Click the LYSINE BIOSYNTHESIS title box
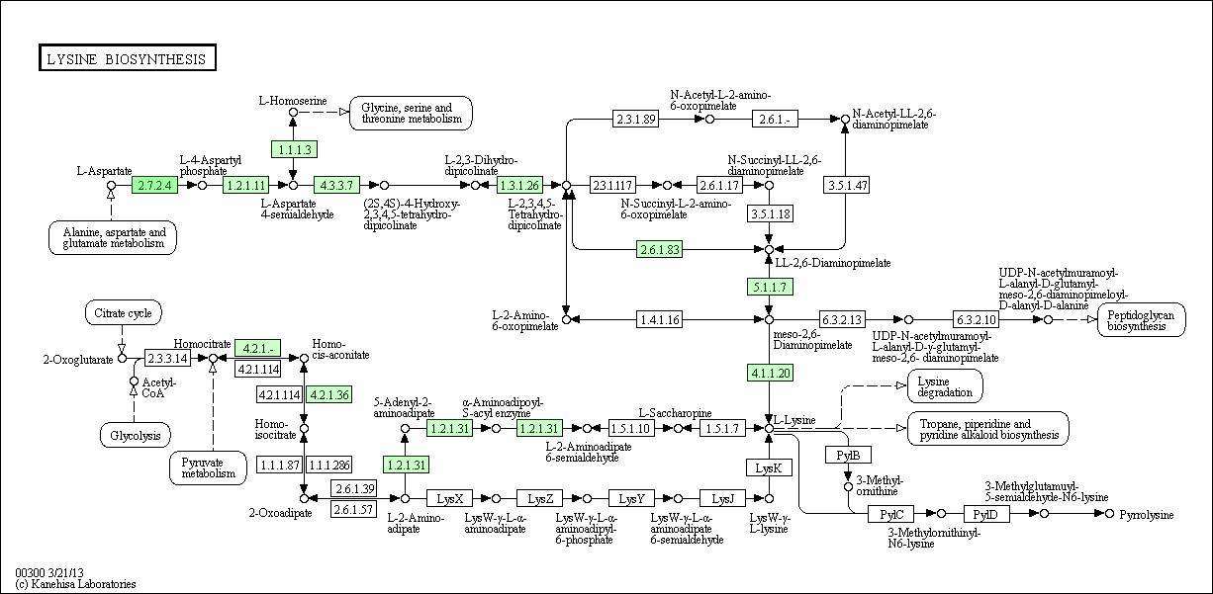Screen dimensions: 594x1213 pyautogui.click(x=127, y=59)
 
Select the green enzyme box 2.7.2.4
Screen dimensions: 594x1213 pyautogui.click(x=155, y=185)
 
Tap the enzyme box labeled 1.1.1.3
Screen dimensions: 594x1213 pyautogui.click(x=294, y=149)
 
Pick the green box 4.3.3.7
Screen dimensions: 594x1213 pyautogui.click(x=336, y=185)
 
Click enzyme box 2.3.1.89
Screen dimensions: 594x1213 pyautogui.click(x=636, y=120)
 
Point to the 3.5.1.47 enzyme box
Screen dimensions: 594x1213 pyautogui.click(x=847, y=185)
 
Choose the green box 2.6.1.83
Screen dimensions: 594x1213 pyautogui.click(x=660, y=249)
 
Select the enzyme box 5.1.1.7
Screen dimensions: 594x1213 pyautogui.click(x=769, y=287)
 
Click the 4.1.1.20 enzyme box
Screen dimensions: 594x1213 pyautogui.click(x=769, y=373)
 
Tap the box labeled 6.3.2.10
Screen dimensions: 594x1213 pyautogui.click(x=977, y=319)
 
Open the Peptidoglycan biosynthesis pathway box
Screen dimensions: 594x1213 pyautogui.click(x=1141, y=319)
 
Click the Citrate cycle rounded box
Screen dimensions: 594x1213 pyautogui.click(x=123, y=314)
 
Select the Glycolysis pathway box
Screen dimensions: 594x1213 pyautogui.click(x=135, y=434)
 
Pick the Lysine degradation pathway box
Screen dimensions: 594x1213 pyautogui.click(x=945, y=385)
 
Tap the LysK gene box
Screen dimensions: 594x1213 pyautogui.click(x=769, y=467)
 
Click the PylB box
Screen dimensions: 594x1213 pyautogui.click(x=848, y=455)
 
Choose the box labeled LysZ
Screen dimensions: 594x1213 pyautogui.click(x=540, y=498)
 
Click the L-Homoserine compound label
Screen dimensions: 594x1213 pyautogui.click(x=293, y=100)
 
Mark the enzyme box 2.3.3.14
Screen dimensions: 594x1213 pyautogui.click(x=167, y=358)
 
